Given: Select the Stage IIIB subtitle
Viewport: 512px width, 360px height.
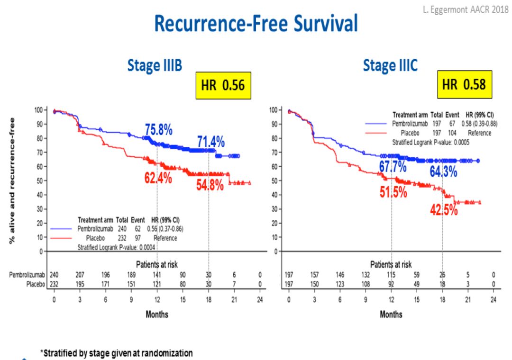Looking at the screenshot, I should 155,66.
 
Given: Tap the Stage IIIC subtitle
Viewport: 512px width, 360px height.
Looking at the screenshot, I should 390,66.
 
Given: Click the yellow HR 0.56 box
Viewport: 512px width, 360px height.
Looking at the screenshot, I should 223,86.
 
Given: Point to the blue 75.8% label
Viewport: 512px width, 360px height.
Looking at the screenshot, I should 158,130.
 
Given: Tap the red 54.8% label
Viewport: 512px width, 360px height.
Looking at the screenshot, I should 210,185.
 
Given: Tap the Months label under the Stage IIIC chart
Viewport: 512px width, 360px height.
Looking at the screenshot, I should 391,314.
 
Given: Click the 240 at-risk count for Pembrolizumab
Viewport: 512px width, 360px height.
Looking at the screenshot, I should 55,274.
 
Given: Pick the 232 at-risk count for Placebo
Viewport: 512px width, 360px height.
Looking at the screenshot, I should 55,284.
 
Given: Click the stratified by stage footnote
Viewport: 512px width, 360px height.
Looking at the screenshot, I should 116,353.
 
